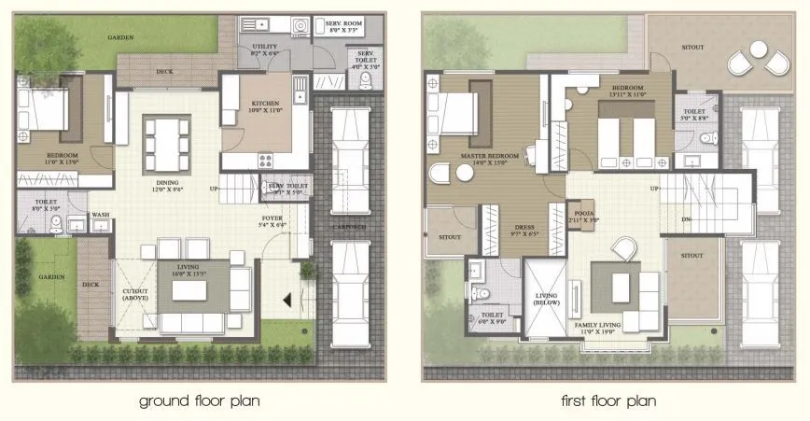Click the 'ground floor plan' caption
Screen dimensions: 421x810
(199, 401)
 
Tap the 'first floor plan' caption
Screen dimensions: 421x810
(607, 401)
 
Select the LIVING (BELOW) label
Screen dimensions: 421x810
(546, 302)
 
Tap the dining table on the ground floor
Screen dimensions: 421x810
(166, 142)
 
